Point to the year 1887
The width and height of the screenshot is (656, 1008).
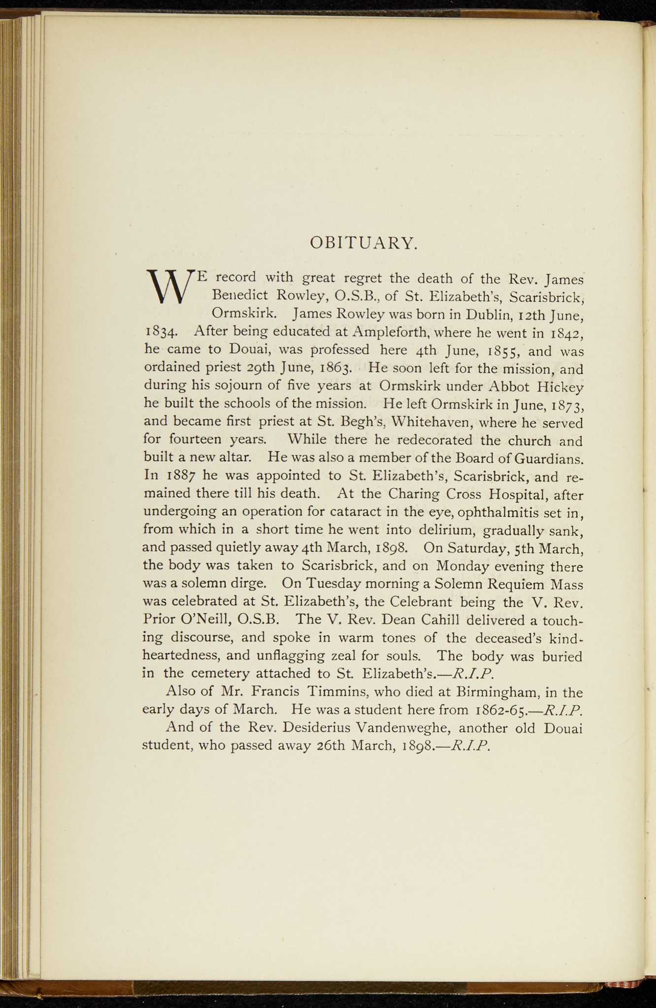182,476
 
